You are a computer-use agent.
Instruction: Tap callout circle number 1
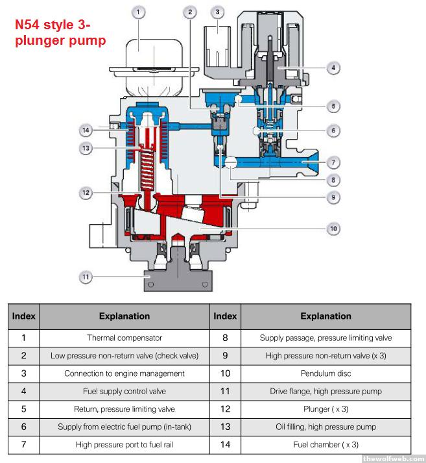point(140,12)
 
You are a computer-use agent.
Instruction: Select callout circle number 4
point(333,67)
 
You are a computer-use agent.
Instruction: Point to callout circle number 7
point(333,162)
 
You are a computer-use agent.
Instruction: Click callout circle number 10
point(333,228)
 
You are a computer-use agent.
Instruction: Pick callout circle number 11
point(86,277)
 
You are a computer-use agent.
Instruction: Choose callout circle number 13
point(86,149)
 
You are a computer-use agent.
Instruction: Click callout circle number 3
point(217,12)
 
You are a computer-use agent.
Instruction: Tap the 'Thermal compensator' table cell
point(124,338)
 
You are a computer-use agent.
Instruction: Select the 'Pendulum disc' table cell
point(325,373)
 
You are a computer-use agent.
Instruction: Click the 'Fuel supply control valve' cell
point(124,392)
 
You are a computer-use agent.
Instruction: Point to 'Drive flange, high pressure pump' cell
point(325,392)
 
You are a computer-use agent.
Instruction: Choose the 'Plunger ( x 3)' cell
point(325,409)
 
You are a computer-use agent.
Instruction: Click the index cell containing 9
point(225,356)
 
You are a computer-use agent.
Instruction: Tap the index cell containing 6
point(23,427)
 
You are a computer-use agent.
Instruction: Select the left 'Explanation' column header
point(124,316)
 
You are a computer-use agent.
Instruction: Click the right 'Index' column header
point(225,316)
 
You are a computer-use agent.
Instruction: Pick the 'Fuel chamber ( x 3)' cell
point(325,445)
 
